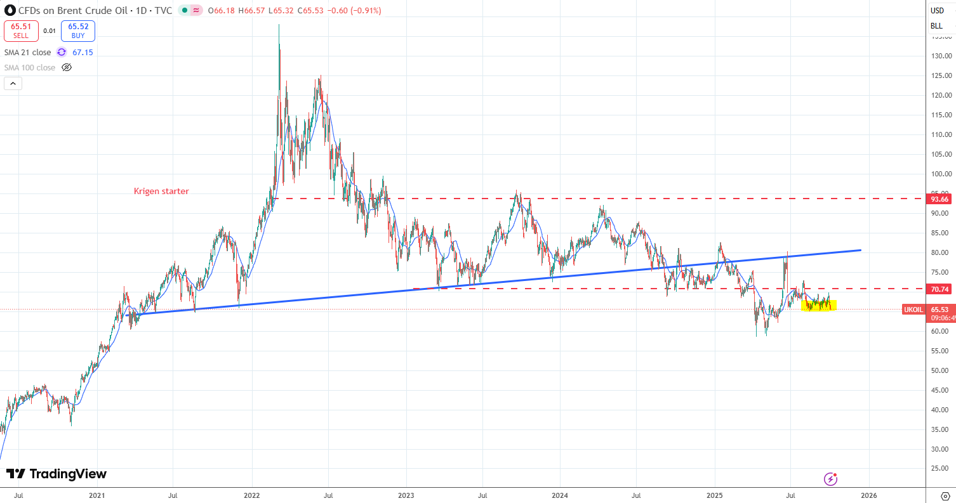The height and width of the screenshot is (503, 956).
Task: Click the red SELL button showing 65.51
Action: [21, 31]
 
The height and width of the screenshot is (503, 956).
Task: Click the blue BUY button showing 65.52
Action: [78, 31]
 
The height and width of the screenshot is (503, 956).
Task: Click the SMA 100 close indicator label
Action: [30, 68]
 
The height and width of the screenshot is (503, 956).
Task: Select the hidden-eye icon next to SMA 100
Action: [66, 68]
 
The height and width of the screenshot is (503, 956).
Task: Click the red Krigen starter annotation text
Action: [161, 191]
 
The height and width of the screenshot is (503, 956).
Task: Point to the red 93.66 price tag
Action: [939, 199]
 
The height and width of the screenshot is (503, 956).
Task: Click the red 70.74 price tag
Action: [939, 289]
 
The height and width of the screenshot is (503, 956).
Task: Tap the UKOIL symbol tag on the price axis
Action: [913, 309]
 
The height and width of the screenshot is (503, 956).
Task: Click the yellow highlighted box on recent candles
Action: [819, 306]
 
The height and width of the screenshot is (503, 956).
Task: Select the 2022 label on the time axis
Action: [251, 495]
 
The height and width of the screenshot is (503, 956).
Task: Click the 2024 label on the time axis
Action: [560, 495]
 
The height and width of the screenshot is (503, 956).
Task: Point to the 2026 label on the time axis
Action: [869, 495]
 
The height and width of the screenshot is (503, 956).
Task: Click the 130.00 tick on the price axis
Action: [941, 56]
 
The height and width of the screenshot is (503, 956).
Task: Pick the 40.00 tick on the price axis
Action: [941, 410]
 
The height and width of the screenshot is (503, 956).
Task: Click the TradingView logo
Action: [56, 474]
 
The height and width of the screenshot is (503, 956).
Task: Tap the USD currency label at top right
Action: [937, 10]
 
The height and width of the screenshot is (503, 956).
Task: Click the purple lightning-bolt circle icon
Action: [830, 479]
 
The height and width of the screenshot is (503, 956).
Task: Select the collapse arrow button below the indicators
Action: [13, 83]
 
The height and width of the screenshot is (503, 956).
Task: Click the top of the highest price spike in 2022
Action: [279, 25]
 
